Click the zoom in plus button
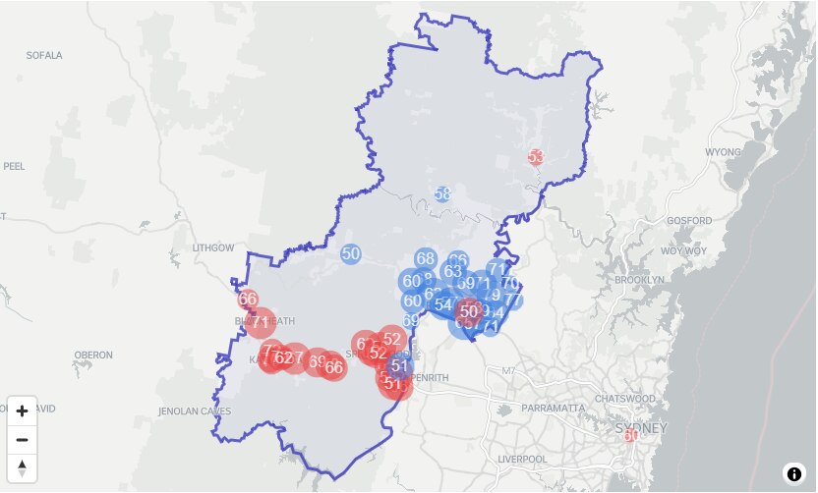[x=22, y=411]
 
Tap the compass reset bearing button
[x=22, y=467]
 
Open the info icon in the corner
[x=793, y=473]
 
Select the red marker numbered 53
[x=536, y=156]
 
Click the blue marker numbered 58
[x=442, y=193]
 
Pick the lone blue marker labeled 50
[x=351, y=253]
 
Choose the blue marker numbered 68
[x=425, y=259]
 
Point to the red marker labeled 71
[x=261, y=321]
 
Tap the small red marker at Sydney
[x=630, y=435]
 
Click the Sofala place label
[x=44, y=56]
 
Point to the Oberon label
[x=93, y=355]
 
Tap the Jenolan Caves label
[x=195, y=411]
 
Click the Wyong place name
[x=723, y=153]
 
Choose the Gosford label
[x=688, y=221]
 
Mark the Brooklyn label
[x=640, y=280]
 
